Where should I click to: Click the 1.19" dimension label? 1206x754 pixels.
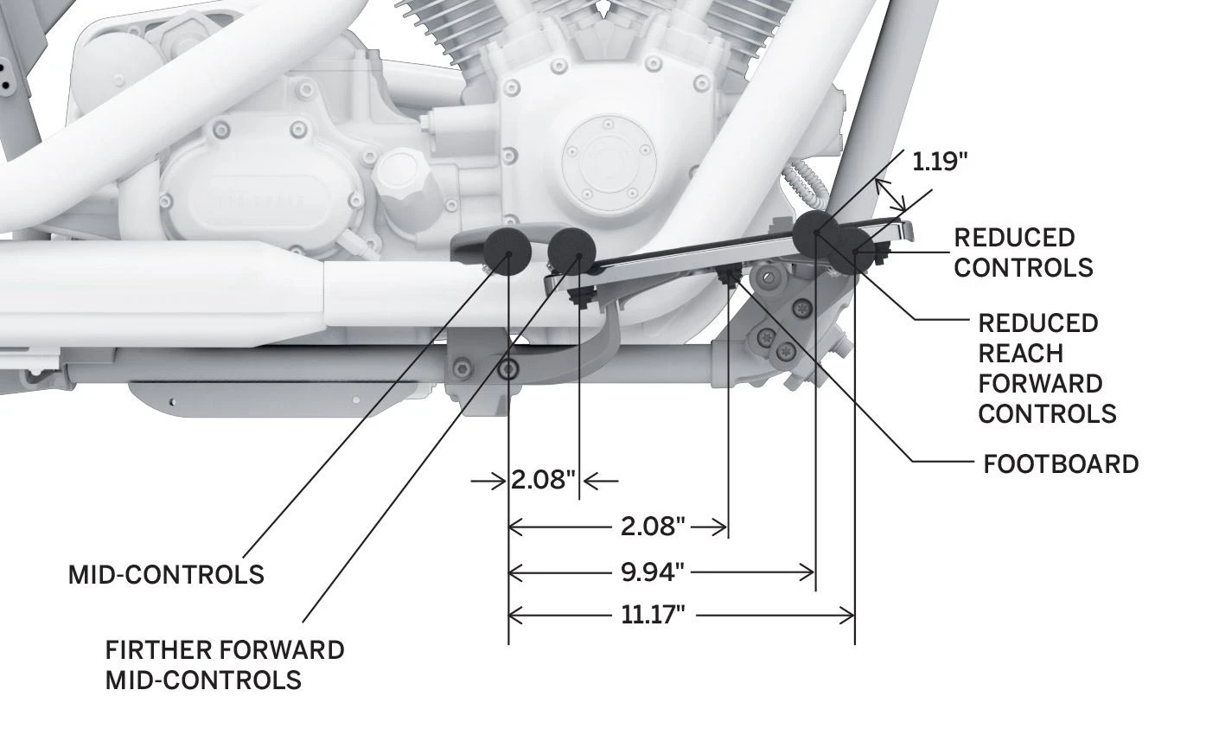pos(940,161)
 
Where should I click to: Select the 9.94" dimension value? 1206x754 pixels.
pos(652,572)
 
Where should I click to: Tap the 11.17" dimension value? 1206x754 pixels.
pos(653,615)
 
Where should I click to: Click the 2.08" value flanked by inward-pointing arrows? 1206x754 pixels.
pos(543,479)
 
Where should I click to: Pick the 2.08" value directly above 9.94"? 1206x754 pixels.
pos(653,527)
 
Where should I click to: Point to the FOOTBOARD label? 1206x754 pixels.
pos(1061,464)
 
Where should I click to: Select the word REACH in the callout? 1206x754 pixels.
pos(1020,354)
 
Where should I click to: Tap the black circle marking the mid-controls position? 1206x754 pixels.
pos(507,252)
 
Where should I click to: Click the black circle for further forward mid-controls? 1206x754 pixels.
pos(571,252)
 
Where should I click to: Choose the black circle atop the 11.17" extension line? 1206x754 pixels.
pos(852,251)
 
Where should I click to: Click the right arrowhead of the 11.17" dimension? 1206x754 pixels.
pos(847,615)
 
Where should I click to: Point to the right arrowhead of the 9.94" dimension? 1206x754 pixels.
pos(807,572)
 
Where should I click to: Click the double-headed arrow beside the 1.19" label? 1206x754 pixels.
pos(890,195)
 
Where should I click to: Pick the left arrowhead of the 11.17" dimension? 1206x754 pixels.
pos(516,615)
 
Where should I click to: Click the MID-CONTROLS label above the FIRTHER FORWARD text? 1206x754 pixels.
pos(166,575)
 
